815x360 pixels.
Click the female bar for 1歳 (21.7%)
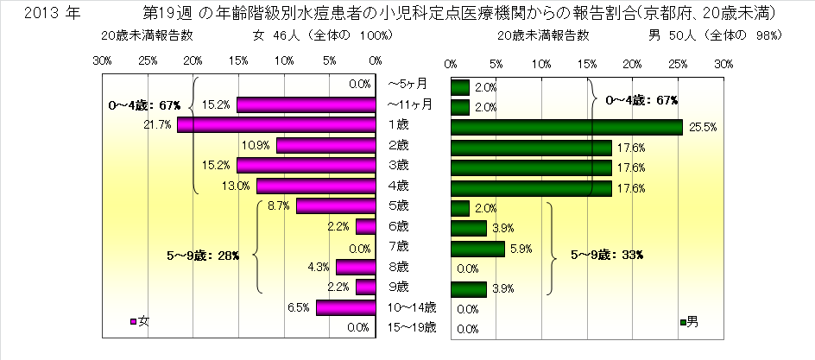(x=276, y=124)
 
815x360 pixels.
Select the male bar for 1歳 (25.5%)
(x=566, y=127)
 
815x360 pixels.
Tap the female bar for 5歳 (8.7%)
(x=336, y=205)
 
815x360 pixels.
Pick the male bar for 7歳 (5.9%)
(x=477, y=249)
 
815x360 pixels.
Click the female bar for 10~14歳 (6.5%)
(x=345, y=306)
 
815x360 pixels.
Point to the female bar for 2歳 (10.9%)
(x=325, y=144)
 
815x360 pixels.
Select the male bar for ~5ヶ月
(x=459, y=86)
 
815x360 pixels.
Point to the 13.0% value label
(x=240, y=185)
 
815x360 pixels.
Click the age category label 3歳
(x=398, y=164)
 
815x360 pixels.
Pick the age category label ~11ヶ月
(x=410, y=104)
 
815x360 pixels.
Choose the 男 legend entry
(x=690, y=322)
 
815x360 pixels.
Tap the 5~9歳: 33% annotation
(x=611, y=256)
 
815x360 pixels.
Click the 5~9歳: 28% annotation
(x=203, y=256)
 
